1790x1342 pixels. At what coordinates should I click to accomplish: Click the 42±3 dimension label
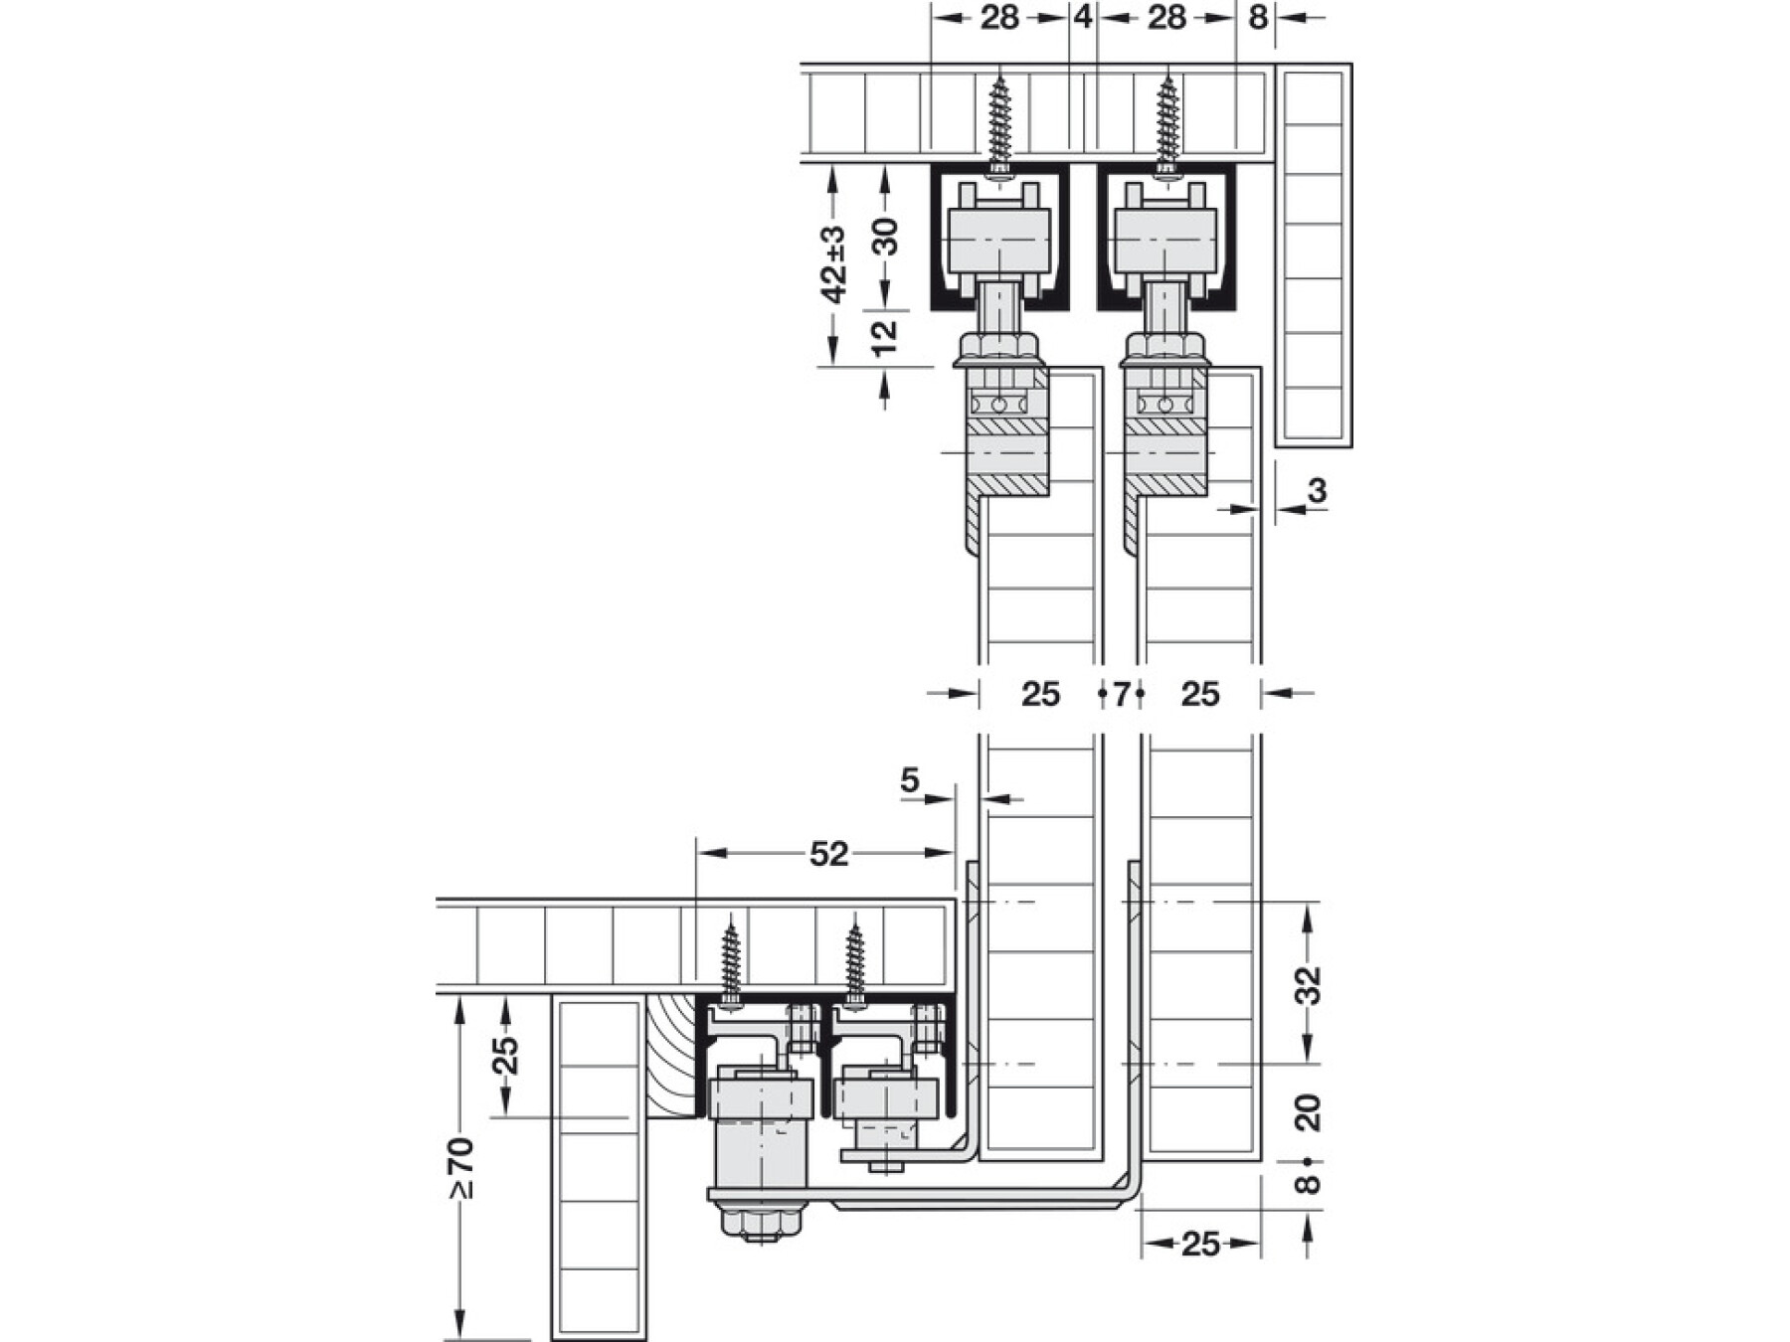tap(833, 264)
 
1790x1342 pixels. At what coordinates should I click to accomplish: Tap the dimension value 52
tap(828, 853)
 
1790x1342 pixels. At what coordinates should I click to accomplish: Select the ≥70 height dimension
tap(461, 1168)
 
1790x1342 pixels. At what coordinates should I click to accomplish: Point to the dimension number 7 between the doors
tap(1121, 693)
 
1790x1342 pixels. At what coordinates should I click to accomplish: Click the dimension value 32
tap(1310, 984)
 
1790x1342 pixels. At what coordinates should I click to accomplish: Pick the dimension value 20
tap(1310, 1111)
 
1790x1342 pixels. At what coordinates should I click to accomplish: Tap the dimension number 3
tap(1318, 490)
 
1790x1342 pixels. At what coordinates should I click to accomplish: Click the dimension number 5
tap(910, 781)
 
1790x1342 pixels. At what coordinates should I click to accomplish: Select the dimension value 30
tap(884, 237)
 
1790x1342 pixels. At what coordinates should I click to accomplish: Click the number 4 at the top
tap(1083, 17)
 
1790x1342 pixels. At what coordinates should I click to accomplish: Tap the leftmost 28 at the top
tap(999, 17)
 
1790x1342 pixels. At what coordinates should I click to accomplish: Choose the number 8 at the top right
tap(1258, 17)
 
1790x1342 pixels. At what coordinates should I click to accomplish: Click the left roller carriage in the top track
tap(999, 239)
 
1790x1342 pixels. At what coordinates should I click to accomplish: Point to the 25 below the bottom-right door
tap(1200, 1244)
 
